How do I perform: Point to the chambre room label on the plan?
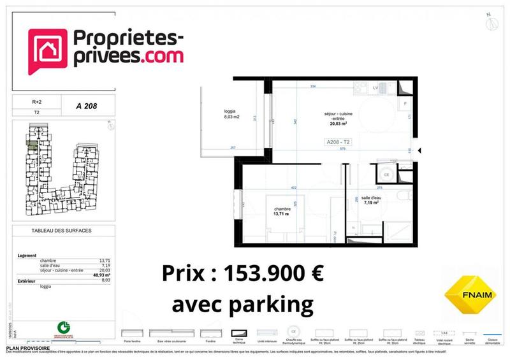(x=282, y=211)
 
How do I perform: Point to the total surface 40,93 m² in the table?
(x=96, y=275)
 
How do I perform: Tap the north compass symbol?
(x=491, y=23)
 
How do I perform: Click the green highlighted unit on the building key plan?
(x=31, y=144)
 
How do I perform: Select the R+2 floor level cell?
(x=37, y=101)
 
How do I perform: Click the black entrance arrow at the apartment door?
(x=419, y=150)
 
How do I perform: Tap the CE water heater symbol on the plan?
(x=385, y=174)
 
